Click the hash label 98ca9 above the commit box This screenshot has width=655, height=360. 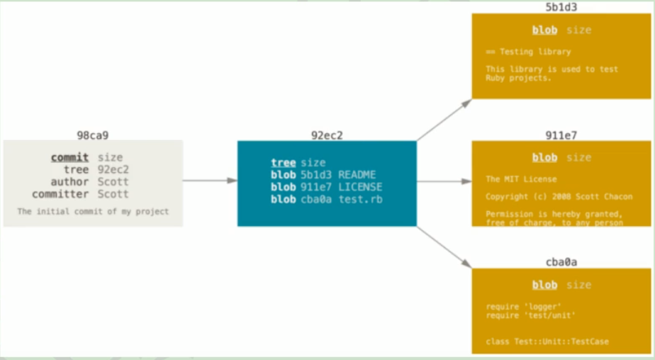(93, 135)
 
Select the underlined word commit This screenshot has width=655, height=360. (69, 157)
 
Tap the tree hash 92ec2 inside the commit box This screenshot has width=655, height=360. (113, 169)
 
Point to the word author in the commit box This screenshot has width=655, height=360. (69, 182)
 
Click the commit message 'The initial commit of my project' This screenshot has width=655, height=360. (93, 211)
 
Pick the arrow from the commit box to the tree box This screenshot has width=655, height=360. (210, 181)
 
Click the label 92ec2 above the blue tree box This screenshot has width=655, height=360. (327, 135)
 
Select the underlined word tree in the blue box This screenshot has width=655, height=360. (284, 162)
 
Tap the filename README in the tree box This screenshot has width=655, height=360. (357, 174)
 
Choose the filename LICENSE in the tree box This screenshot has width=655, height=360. (360, 186)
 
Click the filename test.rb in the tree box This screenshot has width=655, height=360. (360, 199)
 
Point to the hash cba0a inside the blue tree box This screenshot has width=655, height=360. (316, 199)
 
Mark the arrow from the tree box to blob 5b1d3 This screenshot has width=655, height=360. (444, 120)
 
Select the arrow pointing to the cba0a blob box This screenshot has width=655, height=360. (444, 247)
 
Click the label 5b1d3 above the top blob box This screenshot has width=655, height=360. (561, 7)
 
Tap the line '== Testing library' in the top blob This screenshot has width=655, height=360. (528, 52)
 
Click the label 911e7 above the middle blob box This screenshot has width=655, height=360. (561, 135)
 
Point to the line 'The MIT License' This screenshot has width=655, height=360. (521, 179)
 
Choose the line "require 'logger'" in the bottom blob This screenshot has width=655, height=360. (523, 307)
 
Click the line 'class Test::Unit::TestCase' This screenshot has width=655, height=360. (547, 341)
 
